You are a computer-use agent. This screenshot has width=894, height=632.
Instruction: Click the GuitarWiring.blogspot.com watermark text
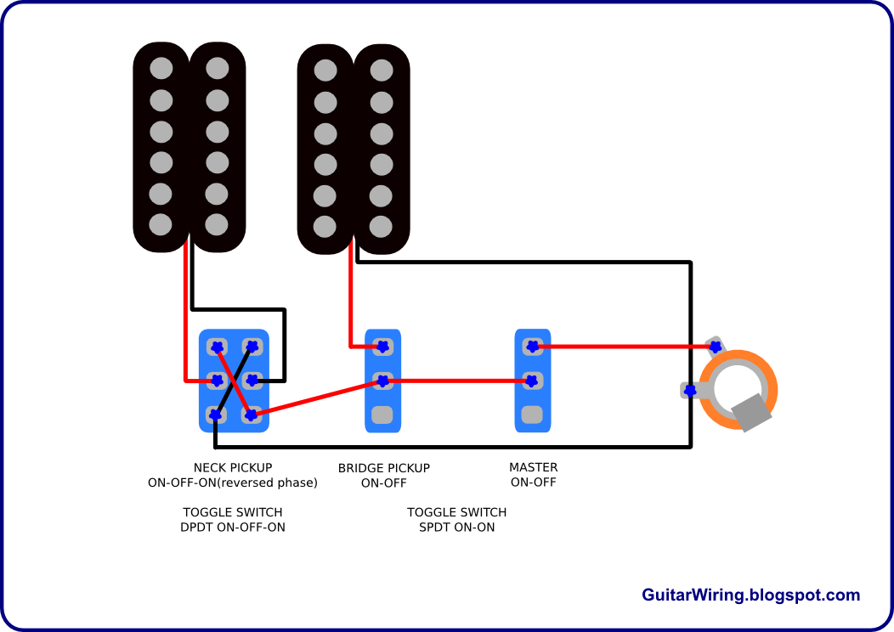click(x=750, y=595)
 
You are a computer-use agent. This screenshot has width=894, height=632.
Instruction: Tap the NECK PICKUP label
click(x=233, y=468)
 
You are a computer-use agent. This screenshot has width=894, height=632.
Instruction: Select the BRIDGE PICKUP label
click(x=384, y=468)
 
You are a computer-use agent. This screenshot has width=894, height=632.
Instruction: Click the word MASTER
click(x=533, y=467)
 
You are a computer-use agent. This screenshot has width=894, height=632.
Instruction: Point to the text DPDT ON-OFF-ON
click(x=233, y=528)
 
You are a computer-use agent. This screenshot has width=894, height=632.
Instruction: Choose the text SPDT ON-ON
click(x=456, y=528)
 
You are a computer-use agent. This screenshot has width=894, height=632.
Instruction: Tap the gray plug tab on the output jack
click(x=751, y=412)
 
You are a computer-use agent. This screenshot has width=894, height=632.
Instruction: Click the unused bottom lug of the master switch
click(x=532, y=415)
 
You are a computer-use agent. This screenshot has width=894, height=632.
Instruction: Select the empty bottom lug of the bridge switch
click(x=382, y=415)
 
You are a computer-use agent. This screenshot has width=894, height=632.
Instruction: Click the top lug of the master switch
click(x=532, y=346)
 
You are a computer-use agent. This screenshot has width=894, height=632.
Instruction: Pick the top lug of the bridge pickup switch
click(x=382, y=346)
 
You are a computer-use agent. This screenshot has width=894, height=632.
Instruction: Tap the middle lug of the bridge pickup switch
click(x=382, y=381)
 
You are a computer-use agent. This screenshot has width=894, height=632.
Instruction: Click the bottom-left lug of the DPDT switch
click(x=216, y=415)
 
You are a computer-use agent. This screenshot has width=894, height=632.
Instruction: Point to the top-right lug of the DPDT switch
click(x=252, y=347)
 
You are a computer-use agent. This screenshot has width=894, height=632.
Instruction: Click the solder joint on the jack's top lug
click(x=715, y=347)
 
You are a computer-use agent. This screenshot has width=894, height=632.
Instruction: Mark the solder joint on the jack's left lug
click(x=690, y=391)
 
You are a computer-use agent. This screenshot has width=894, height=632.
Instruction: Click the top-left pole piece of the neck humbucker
click(x=161, y=69)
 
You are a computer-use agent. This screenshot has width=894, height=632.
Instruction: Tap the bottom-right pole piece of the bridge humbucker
click(x=381, y=226)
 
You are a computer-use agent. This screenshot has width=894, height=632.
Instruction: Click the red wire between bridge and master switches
click(x=457, y=381)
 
